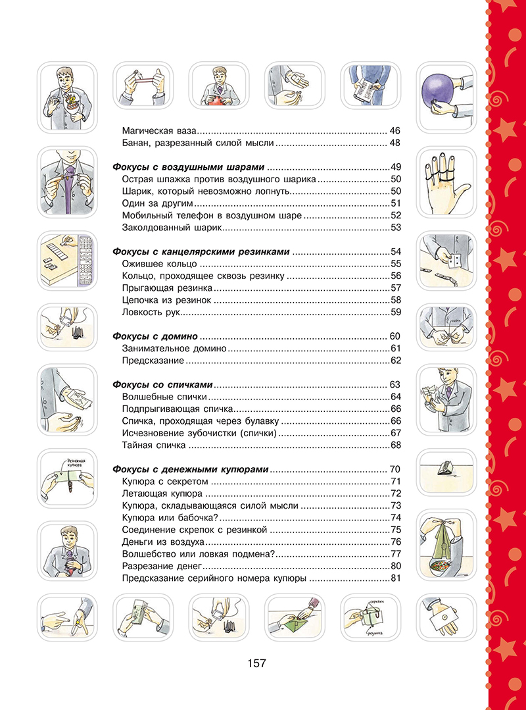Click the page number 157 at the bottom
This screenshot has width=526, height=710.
point(256,663)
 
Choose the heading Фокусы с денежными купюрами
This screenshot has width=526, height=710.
point(191,469)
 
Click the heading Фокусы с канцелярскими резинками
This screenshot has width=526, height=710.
point(201,251)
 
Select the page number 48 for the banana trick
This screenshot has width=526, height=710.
point(394,143)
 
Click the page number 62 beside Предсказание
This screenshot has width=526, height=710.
point(394,360)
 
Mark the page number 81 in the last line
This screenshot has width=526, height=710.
point(395,578)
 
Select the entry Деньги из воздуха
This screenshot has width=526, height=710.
point(163,542)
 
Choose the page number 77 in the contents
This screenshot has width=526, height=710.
point(395,554)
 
